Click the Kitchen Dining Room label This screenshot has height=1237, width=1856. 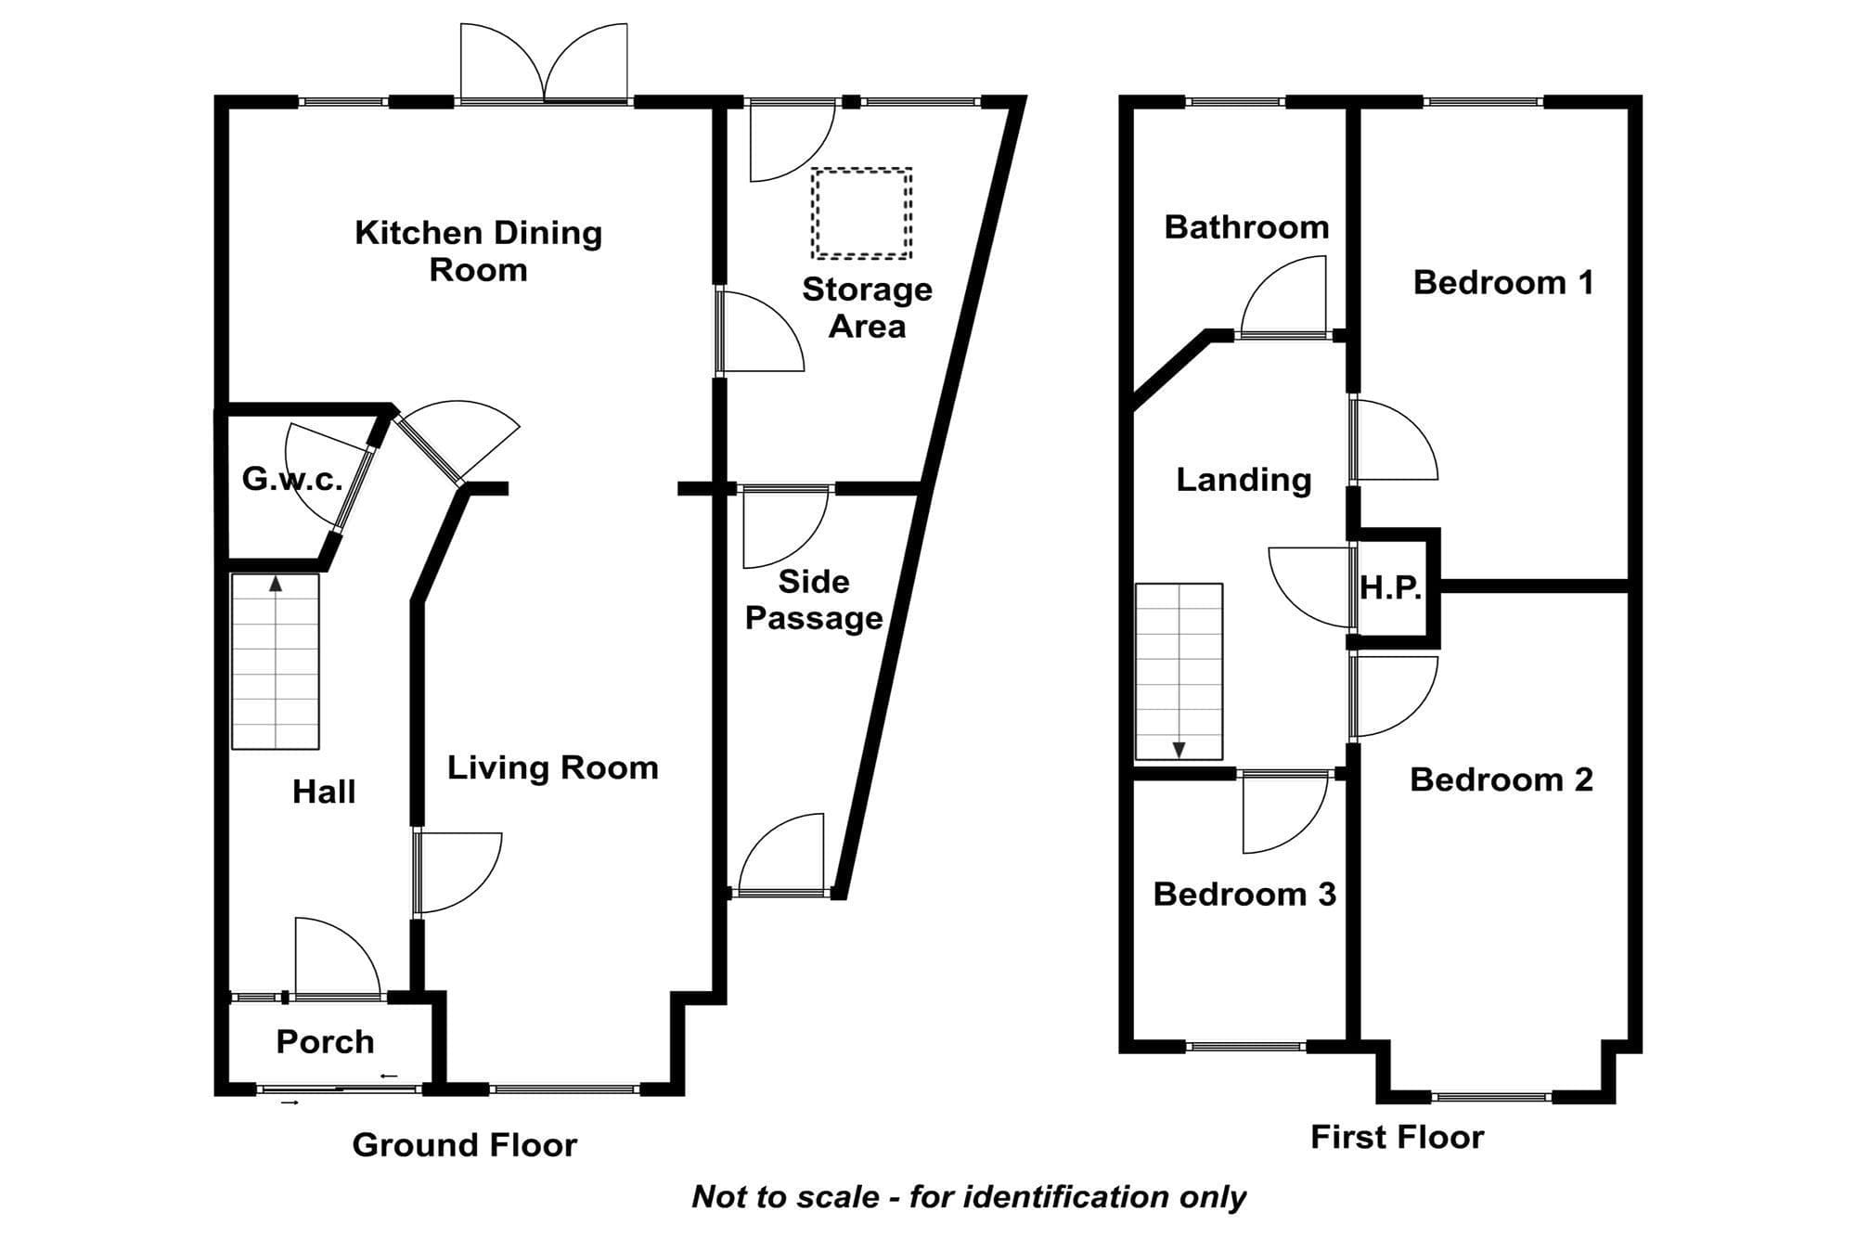click(478, 251)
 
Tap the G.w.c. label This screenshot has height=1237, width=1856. click(292, 479)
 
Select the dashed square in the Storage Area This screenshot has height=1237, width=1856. click(862, 213)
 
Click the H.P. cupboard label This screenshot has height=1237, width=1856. click(1391, 587)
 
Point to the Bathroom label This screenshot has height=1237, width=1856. click(1246, 227)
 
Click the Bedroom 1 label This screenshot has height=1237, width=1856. click(1503, 282)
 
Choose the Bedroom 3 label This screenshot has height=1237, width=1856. click(1244, 894)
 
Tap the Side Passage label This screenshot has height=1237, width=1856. click(814, 599)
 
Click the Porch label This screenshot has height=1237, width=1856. click(325, 1041)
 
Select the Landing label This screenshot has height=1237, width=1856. click(1244, 480)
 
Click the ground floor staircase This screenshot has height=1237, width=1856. click(276, 662)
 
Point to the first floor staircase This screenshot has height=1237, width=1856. click(1179, 671)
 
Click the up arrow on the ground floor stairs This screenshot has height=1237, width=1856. click(276, 583)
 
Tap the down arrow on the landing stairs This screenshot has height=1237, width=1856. click(1179, 750)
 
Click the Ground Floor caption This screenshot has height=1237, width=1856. click(464, 1145)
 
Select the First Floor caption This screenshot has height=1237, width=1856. click(1397, 1137)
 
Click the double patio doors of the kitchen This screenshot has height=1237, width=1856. click(545, 63)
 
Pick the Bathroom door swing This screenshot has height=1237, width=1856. click(1283, 295)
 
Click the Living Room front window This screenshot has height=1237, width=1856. click(564, 1089)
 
